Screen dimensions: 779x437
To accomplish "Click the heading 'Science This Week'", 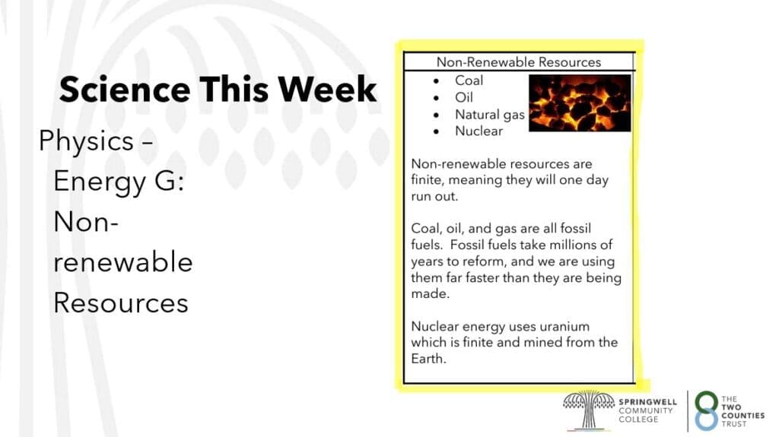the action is pos(218,90).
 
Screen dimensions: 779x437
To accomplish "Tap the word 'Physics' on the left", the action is pos(86,141).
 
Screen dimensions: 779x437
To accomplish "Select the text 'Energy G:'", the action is pos(119,181).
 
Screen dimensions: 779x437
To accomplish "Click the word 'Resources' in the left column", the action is pos(121,303).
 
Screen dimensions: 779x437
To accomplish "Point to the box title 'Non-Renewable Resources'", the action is pos(519,62).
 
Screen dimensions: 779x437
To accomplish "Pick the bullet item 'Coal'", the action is pos(469,81).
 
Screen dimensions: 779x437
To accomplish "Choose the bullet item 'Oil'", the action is pos(464,97).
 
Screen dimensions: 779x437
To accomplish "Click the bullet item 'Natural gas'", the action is pos(490,115).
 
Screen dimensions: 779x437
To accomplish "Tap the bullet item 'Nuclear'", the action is pos(479,131).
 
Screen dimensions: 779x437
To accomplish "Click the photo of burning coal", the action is pos(580,103).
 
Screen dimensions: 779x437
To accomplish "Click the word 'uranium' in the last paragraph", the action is pos(564,326).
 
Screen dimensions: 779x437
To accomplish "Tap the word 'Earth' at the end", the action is pos(427,359).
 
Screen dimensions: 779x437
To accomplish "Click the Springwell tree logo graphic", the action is pos(589,410).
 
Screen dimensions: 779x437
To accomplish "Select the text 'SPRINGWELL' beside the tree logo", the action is pos(648,402).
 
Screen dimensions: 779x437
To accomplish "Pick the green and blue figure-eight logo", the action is pos(707,410).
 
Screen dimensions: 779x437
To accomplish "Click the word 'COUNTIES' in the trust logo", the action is pos(743,416).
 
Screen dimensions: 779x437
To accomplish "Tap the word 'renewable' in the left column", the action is pos(122,262).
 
